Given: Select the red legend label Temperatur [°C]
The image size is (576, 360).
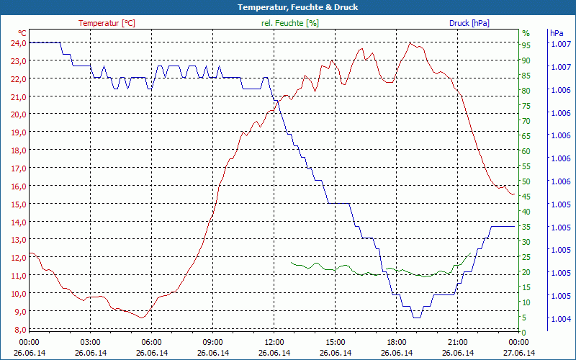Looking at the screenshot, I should click(107, 23).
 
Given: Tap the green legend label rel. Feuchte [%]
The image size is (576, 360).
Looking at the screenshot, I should click(290, 23).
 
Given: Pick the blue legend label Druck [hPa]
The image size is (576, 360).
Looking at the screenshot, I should click(469, 23).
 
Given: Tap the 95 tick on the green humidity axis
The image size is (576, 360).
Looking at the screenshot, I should click(526, 45).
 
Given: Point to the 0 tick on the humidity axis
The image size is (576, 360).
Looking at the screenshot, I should click(524, 332).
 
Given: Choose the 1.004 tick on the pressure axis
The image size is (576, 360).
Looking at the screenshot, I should click(559, 318).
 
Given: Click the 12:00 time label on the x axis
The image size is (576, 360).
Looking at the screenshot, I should click(274, 342).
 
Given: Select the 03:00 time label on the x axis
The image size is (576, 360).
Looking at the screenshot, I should click(90, 342).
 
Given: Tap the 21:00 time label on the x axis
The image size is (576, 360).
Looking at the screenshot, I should click(458, 342).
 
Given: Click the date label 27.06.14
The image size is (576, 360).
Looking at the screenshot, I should click(519, 353).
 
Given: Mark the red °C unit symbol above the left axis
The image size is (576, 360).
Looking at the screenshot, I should click(22, 33).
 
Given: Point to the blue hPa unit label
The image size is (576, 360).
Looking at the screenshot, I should click(557, 33).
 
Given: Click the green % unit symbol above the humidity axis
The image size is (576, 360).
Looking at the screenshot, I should click(526, 33).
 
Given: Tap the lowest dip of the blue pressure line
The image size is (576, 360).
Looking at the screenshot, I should click(416, 317).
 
